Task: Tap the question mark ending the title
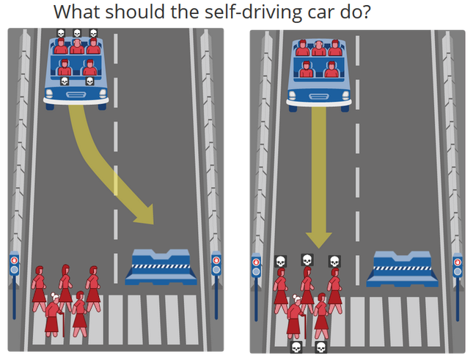366,12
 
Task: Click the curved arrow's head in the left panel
144,215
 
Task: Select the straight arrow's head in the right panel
319,240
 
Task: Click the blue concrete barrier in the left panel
161,268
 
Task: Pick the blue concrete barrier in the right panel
402,269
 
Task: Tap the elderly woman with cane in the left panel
54,315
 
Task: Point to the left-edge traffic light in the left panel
14,284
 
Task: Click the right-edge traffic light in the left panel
216,284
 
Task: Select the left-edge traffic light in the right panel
256,287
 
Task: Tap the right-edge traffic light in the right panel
458,287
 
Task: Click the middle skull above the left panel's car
77,33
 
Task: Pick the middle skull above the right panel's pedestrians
307,260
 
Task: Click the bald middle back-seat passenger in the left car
77,46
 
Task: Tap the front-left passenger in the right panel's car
307,70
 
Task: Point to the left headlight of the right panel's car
292,95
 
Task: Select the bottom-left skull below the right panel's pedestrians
296,347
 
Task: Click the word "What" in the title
77,12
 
